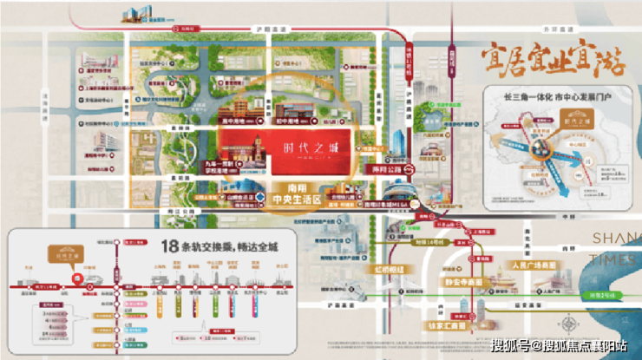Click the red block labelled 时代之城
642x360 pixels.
coord(309,147)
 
